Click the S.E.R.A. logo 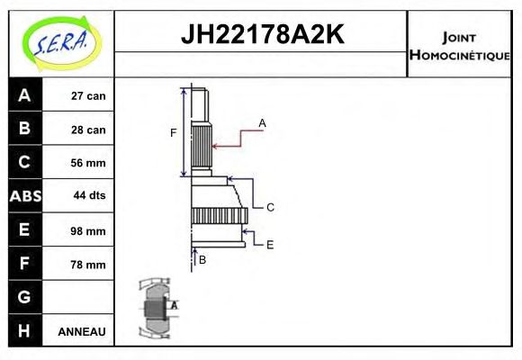(x=59, y=42)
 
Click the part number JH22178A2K (x=262, y=35)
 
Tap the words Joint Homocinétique (x=459, y=45)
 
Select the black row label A (x=24, y=95)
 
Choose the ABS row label (x=24, y=196)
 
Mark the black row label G (x=24, y=297)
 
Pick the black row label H (x=24, y=330)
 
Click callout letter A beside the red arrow (x=262, y=122)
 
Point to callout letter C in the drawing (x=270, y=207)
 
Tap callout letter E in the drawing (x=270, y=244)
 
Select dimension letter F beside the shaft (x=173, y=133)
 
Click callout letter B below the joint (x=202, y=260)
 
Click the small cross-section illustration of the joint (x=156, y=308)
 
